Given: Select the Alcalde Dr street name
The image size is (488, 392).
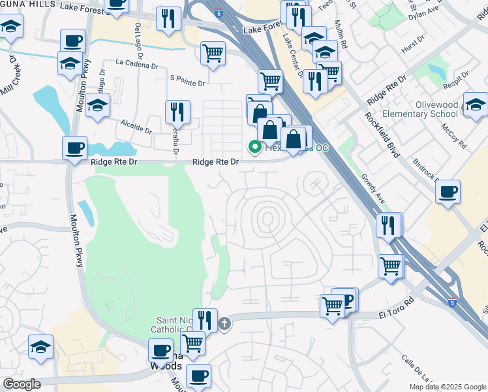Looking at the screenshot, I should [136, 126].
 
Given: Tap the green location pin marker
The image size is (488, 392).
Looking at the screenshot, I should [254, 148].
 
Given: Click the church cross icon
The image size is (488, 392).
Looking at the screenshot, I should [224, 323].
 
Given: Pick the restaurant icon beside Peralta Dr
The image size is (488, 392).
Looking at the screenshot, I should [177, 112].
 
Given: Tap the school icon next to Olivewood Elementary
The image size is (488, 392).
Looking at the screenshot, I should [475, 105].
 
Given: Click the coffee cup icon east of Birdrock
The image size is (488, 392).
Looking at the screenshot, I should [448, 192].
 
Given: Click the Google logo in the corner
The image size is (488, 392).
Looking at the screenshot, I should [22, 384].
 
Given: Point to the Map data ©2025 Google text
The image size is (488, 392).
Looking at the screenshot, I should [448, 387].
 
